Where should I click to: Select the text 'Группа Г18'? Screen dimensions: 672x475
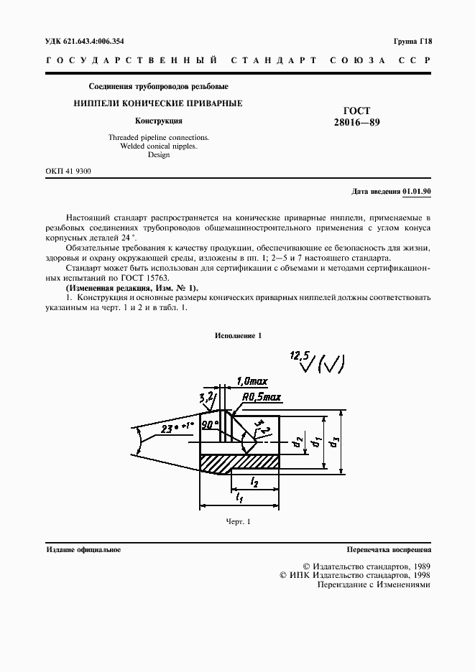[x=412, y=42]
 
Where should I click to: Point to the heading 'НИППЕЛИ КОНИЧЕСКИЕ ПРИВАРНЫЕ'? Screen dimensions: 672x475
[x=158, y=103]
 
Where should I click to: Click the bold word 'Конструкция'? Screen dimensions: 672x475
[x=159, y=121]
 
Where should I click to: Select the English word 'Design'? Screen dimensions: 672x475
[x=159, y=154]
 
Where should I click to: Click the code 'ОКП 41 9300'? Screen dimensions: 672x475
[x=68, y=171]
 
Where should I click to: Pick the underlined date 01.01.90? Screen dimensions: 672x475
[x=416, y=192]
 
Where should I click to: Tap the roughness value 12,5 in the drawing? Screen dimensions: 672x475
[x=297, y=355]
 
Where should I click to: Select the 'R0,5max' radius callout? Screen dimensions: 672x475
[x=259, y=396]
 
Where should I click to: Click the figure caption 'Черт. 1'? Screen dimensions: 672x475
[x=237, y=522]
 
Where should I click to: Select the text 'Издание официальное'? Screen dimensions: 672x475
[x=83, y=550]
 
